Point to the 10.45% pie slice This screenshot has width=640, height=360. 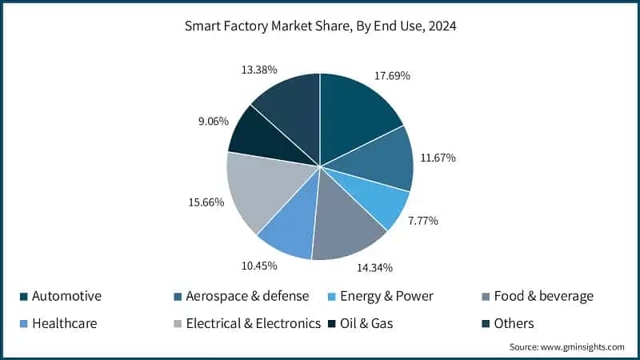(288, 232)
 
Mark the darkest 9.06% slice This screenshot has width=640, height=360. (256, 136)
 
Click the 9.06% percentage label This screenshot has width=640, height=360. (212, 122)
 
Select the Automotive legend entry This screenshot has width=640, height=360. (66, 296)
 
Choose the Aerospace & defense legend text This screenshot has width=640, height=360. (247, 296)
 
